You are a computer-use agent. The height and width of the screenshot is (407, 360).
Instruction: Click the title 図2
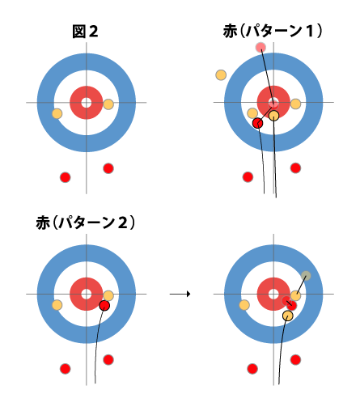tap(85, 32)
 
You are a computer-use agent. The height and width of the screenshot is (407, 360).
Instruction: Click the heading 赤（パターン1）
tap(273, 31)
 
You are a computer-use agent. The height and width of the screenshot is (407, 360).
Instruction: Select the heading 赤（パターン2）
tap(85, 223)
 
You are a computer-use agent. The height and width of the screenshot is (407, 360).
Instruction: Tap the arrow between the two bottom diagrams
tap(180, 294)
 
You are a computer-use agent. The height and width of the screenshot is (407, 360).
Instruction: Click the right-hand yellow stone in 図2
tap(108, 104)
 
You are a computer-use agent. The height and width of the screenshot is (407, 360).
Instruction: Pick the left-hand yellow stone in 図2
tap(57, 113)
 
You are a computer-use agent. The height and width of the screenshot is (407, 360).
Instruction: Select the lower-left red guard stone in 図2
tap(65, 177)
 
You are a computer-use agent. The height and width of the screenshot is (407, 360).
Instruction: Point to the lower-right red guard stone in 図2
tap(108, 168)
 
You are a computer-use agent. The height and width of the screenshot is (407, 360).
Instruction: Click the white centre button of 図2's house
tap(87, 103)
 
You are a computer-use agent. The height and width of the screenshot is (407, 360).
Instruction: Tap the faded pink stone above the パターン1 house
tap(260, 48)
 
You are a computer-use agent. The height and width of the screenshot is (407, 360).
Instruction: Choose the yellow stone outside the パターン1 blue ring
tap(221, 75)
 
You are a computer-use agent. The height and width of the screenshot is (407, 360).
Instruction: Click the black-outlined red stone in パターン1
tap(257, 123)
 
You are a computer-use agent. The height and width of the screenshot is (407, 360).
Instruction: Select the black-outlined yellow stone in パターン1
tap(273, 116)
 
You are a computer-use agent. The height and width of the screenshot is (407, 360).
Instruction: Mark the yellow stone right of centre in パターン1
tap(295, 104)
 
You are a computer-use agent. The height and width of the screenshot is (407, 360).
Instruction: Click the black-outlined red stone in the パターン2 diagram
tap(104, 306)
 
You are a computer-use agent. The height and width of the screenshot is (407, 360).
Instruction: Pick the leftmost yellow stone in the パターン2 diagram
tap(57, 305)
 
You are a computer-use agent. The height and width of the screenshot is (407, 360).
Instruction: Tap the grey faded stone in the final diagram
tap(306, 276)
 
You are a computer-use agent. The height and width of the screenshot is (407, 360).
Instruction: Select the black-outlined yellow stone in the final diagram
tap(288, 316)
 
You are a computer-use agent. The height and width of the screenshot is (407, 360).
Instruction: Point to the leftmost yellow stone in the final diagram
tap(244, 305)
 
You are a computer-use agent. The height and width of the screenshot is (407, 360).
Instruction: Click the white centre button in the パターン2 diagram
tap(87, 294)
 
